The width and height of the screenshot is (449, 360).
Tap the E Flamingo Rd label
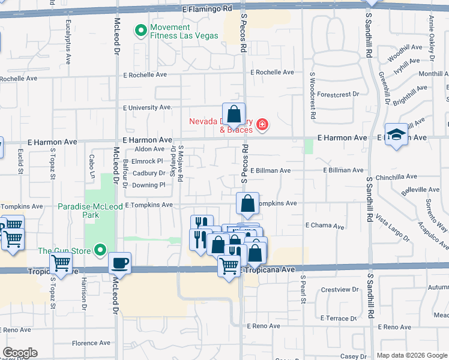coord(206,10)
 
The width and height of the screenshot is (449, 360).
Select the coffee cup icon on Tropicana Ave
coord(119,263)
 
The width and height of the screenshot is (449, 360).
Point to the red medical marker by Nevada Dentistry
coord(262,125)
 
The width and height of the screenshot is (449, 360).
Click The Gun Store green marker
coord(100,250)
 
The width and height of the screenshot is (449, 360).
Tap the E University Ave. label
coord(147,108)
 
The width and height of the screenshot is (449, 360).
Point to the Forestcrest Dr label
coord(338,94)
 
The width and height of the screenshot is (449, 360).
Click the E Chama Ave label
coord(324,226)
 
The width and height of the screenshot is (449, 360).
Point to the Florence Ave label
coord(91,343)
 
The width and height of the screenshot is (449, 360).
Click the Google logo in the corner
coord(20,353)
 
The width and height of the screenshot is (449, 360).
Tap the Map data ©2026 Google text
coord(411,355)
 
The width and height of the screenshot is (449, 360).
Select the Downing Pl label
coord(148,185)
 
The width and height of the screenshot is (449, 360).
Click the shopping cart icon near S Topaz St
coord(61,262)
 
